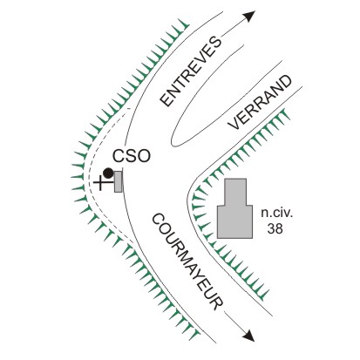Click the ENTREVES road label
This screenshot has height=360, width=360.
pyautogui.click(x=191, y=71)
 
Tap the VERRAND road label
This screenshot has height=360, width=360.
pyautogui.click(x=260, y=102)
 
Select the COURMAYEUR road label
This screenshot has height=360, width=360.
pyautogui.click(x=187, y=262)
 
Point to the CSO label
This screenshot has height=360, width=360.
pyautogui.click(x=132, y=156)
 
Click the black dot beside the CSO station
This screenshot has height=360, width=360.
pyautogui.click(x=108, y=173)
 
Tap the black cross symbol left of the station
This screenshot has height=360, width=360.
pyautogui.click(x=100, y=183)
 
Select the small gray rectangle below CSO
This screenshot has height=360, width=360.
pyautogui.click(x=118, y=181)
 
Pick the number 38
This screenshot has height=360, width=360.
pyautogui.click(x=275, y=228)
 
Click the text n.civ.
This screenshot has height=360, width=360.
pyautogui.click(x=277, y=213)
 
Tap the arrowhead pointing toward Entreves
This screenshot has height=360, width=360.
pyautogui.click(x=249, y=16)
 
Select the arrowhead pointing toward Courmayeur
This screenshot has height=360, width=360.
pyautogui.click(x=248, y=336)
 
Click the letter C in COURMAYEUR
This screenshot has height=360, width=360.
pyautogui.click(x=158, y=220)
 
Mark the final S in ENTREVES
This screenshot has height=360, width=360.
pyautogui.click(x=215, y=42)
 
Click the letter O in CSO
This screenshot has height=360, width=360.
pyautogui.click(x=145, y=156)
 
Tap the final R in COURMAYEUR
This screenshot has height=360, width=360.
pyautogui.click(x=217, y=303)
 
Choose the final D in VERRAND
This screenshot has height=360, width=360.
pyautogui.click(x=285, y=82)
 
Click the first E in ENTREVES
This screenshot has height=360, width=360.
pyautogui.click(x=166, y=100)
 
